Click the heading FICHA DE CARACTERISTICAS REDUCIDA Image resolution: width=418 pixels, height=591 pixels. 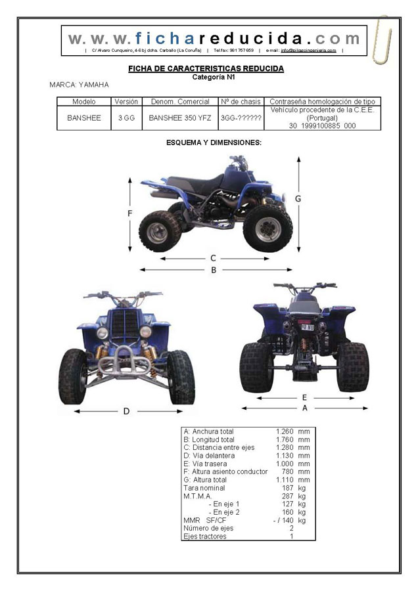tap(205, 68)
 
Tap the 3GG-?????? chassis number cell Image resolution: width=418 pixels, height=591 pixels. tap(241, 119)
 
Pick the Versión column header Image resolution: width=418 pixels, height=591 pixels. tap(126, 102)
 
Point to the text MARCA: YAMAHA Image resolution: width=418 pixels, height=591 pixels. tap(79, 85)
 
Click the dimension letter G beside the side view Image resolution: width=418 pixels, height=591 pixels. tap(298, 198)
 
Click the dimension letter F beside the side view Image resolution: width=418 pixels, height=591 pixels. tap(130, 213)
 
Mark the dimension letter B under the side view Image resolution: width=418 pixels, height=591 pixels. tap(214, 269)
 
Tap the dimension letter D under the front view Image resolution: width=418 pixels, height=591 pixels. tap(126, 411)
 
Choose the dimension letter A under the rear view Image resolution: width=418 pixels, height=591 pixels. tap(304, 407)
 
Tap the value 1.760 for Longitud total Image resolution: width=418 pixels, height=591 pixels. tap(285, 439)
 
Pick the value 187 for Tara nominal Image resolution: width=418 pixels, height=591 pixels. tap(288, 488)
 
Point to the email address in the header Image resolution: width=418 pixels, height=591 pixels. tap(308, 51)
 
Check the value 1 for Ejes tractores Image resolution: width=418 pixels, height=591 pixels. tap(291, 536)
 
